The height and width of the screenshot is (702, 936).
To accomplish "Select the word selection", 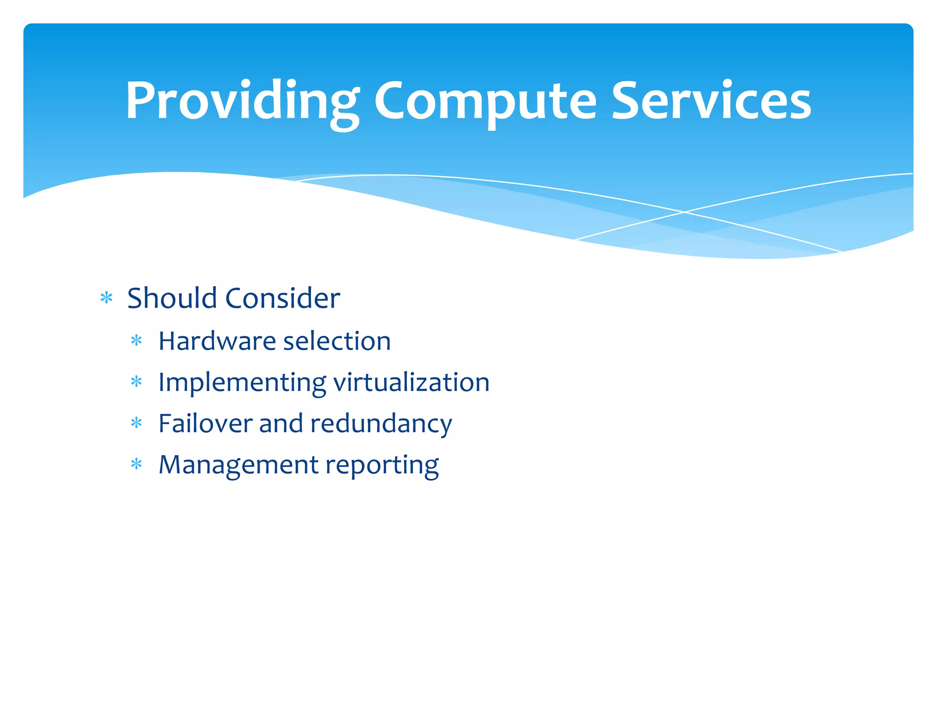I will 337,341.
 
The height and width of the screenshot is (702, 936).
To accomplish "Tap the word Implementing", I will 242,383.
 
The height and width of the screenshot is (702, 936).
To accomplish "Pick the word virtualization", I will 411,383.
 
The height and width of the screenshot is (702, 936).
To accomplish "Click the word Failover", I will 205,423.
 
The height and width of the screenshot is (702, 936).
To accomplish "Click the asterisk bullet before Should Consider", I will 106,298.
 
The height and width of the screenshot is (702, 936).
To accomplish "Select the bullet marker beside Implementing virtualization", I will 136,381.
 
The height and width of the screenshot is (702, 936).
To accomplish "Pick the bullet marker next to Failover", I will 136,423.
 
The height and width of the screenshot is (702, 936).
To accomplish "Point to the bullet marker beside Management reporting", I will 136,464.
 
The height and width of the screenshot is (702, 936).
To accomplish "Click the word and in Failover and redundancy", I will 281,423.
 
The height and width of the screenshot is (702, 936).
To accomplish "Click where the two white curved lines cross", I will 684,212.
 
